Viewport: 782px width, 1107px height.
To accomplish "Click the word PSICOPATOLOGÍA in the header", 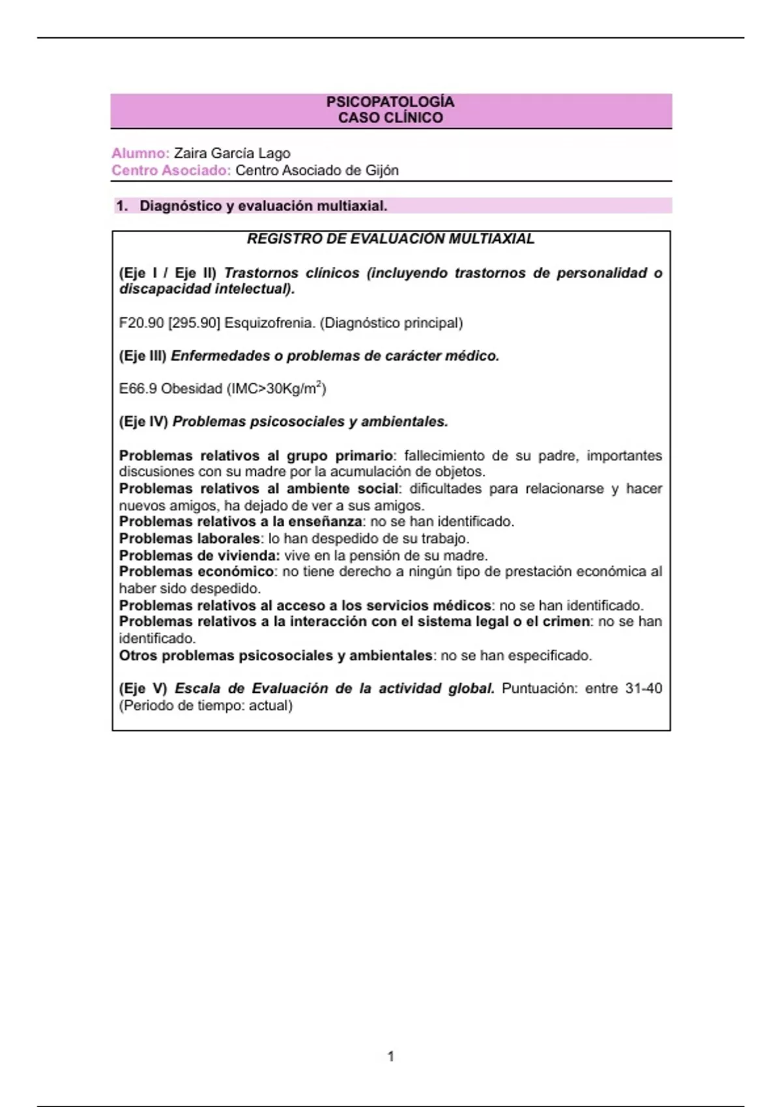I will tap(390, 102).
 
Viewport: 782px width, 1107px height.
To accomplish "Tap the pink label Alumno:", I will tap(140, 154).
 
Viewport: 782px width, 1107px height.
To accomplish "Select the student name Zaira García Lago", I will tap(232, 154).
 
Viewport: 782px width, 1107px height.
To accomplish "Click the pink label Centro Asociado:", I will tap(171, 171).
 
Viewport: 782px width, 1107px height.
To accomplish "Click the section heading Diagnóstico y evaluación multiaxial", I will tap(263, 206).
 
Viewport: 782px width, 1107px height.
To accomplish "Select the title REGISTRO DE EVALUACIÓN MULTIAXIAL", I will tap(390, 239).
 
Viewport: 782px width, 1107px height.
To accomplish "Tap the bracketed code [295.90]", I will tap(194, 323).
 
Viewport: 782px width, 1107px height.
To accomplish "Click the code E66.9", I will tap(138, 389).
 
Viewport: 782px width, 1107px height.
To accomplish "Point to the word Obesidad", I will tap(192, 389).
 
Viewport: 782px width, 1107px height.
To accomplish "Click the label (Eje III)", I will tap(143, 356).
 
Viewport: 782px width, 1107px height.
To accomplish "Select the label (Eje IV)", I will tap(143, 422).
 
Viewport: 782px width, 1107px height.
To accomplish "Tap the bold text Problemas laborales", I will tap(190, 539).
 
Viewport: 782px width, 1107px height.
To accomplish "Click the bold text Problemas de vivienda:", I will tap(199, 555).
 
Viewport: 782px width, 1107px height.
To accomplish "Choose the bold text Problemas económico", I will tap(196, 572).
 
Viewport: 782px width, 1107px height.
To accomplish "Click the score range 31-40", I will tap(643, 689).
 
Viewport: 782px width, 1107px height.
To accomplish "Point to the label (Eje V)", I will tap(143, 689).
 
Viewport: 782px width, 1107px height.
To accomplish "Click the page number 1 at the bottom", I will tap(391, 1056).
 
